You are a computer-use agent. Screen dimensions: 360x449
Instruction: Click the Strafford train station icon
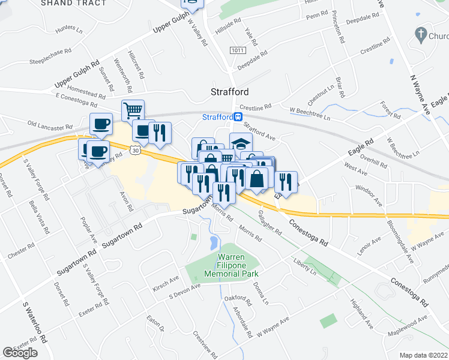238,117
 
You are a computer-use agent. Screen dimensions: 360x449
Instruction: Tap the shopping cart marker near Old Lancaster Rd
133,110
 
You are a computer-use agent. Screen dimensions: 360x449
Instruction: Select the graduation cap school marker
241,144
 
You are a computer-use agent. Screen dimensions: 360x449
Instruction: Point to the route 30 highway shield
137,151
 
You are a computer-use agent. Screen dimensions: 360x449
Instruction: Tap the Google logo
20,353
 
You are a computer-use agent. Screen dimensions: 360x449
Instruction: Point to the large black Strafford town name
229,92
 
